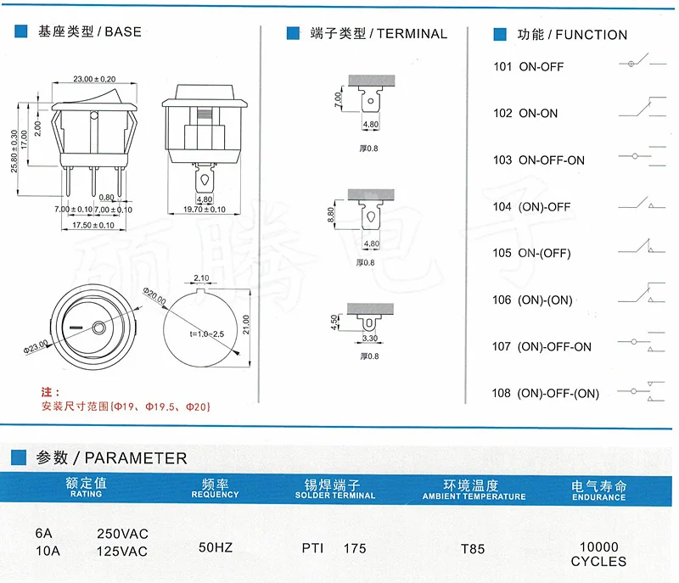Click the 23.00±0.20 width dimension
tap(93, 78)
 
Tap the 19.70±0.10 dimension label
tap(204, 210)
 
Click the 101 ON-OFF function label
tap(528, 66)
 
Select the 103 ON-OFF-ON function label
tap(539, 160)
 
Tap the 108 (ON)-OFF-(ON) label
tap(546, 393)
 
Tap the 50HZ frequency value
tap(215, 548)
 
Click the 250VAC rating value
tap(124, 534)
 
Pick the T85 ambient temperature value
tap(473, 549)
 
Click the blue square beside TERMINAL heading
tap(294, 34)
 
